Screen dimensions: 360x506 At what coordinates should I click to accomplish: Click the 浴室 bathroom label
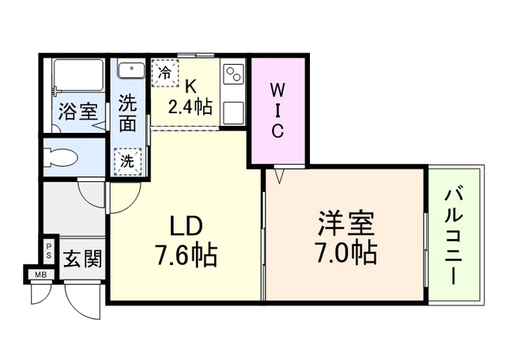(x=77, y=110)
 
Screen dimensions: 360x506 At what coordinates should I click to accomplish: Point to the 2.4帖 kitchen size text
(x=190, y=107)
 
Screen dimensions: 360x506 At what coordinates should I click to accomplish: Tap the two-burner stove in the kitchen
(x=234, y=75)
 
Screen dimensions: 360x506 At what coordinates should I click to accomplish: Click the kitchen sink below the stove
(x=234, y=112)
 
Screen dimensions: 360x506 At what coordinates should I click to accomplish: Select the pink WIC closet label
(x=278, y=109)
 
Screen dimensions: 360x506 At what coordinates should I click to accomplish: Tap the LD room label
(x=186, y=227)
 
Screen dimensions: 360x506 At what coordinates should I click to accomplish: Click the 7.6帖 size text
(x=187, y=256)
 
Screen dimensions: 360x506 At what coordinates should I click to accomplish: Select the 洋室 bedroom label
(x=346, y=223)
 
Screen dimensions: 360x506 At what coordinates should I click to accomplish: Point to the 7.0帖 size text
(x=346, y=252)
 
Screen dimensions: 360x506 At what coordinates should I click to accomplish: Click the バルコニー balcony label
(x=454, y=235)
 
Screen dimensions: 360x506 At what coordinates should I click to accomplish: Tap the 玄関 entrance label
(x=82, y=258)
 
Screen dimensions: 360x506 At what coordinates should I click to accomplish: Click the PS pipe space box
(x=48, y=251)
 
